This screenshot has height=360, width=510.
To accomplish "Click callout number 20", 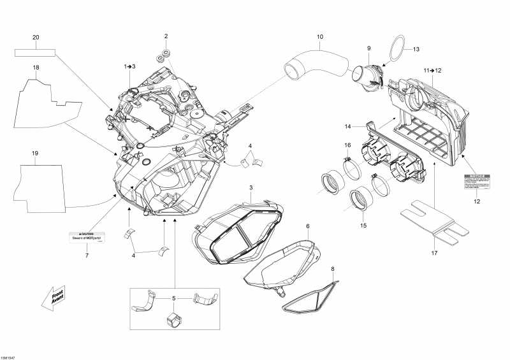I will tap(36, 38).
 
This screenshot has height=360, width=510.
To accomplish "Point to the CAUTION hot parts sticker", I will tap(86, 237).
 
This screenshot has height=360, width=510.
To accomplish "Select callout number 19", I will tap(36, 154).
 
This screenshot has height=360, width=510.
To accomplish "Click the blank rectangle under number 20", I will tap(36, 50).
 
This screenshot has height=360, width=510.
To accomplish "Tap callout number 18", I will tap(36, 68).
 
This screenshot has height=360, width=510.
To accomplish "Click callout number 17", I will tap(435, 252).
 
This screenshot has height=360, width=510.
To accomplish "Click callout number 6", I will tap(307, 226).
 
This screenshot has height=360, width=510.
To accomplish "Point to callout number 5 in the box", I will tap(174, 298).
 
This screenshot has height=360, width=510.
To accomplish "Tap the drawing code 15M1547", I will tap(8, 357).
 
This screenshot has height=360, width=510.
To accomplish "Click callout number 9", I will tap(368, 48).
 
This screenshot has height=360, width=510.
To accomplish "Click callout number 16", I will tap(348, 146).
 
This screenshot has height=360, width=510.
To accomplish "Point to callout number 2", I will tap(166, 36).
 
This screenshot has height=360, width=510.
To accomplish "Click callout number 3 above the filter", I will tap(251, 187).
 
